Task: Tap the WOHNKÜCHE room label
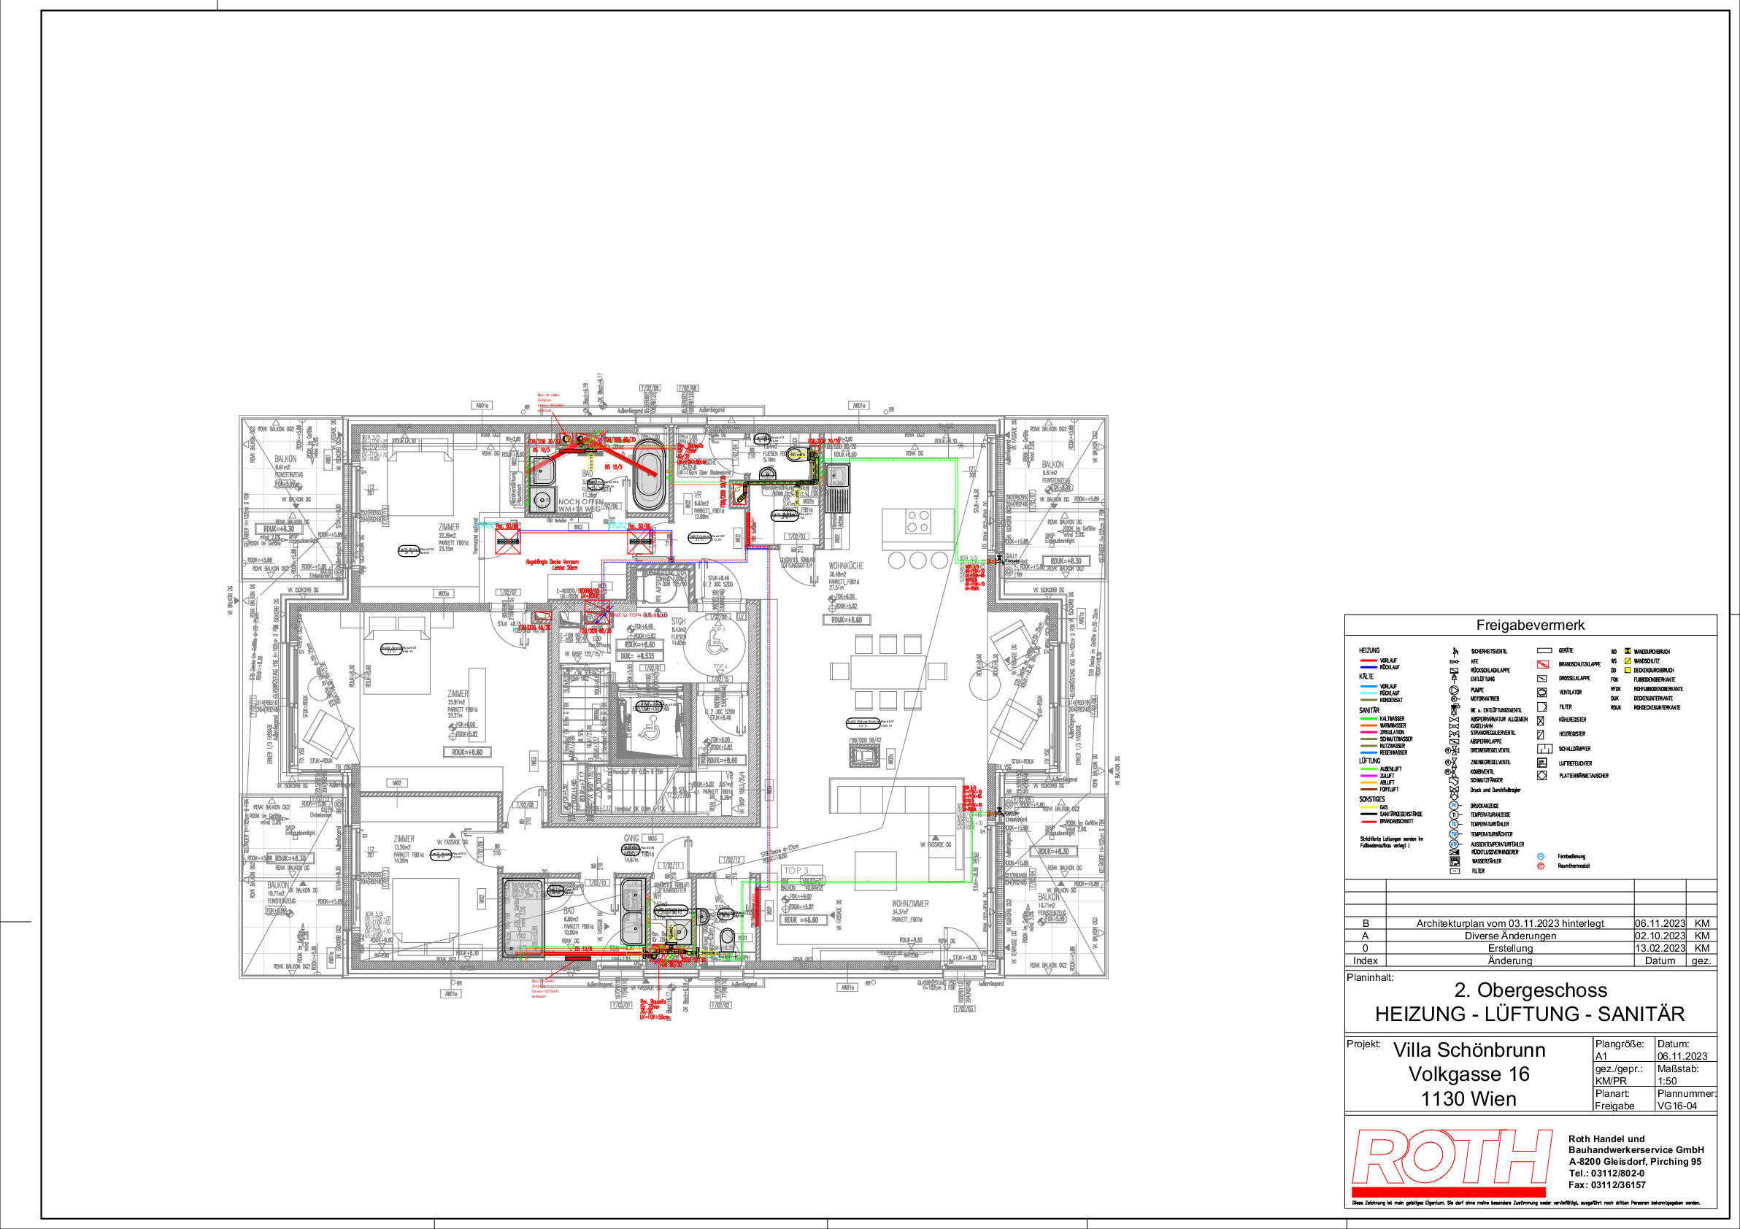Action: pos(846,566)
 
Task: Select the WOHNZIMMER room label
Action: pos(909,904)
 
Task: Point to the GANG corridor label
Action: pos(631,838)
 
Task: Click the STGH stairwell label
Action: pos(677,621)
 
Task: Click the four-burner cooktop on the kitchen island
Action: pos(917,521)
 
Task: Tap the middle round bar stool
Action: pos(917,560)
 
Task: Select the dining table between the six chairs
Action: pos(888,671)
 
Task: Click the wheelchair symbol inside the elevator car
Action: pos(649,731)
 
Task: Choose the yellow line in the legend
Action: pos(1368,807)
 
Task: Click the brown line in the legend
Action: pos(1368,790)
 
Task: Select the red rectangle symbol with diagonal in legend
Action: pos(1542,665)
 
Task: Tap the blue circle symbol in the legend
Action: pos(1540,856)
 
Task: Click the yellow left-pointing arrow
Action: pos(707,953)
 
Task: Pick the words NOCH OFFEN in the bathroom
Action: pos(575,502)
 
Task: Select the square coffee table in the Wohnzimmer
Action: pos(875,870)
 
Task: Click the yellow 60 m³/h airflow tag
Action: pos(797,455)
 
